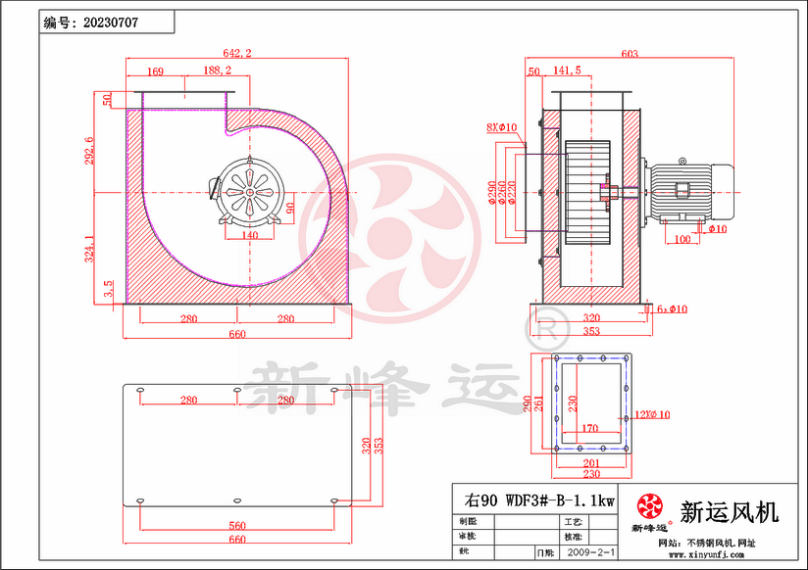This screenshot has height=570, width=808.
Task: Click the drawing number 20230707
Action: (113, 21)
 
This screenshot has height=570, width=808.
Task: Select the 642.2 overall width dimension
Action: (237, 54)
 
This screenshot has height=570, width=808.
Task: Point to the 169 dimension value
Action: (155, 71)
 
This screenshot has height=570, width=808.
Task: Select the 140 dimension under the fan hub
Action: (250, 236)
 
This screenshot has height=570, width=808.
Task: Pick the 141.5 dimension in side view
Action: (567, 71)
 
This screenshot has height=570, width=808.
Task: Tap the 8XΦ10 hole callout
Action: (501, 127)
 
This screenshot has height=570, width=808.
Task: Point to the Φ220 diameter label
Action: (510, 198)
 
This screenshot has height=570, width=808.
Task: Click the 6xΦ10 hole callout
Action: (673, 309)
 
